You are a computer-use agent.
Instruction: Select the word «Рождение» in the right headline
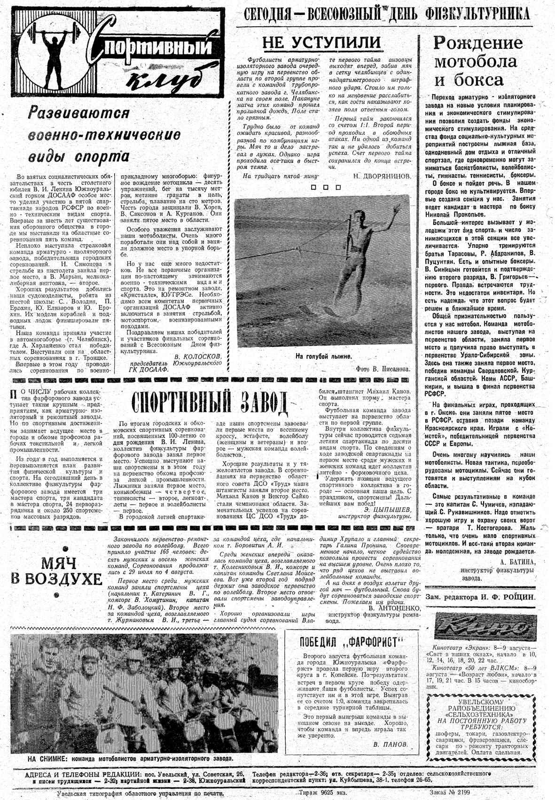click(x=478, y=43)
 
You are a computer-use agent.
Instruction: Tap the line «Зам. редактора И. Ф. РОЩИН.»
click(x=480, y=597)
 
